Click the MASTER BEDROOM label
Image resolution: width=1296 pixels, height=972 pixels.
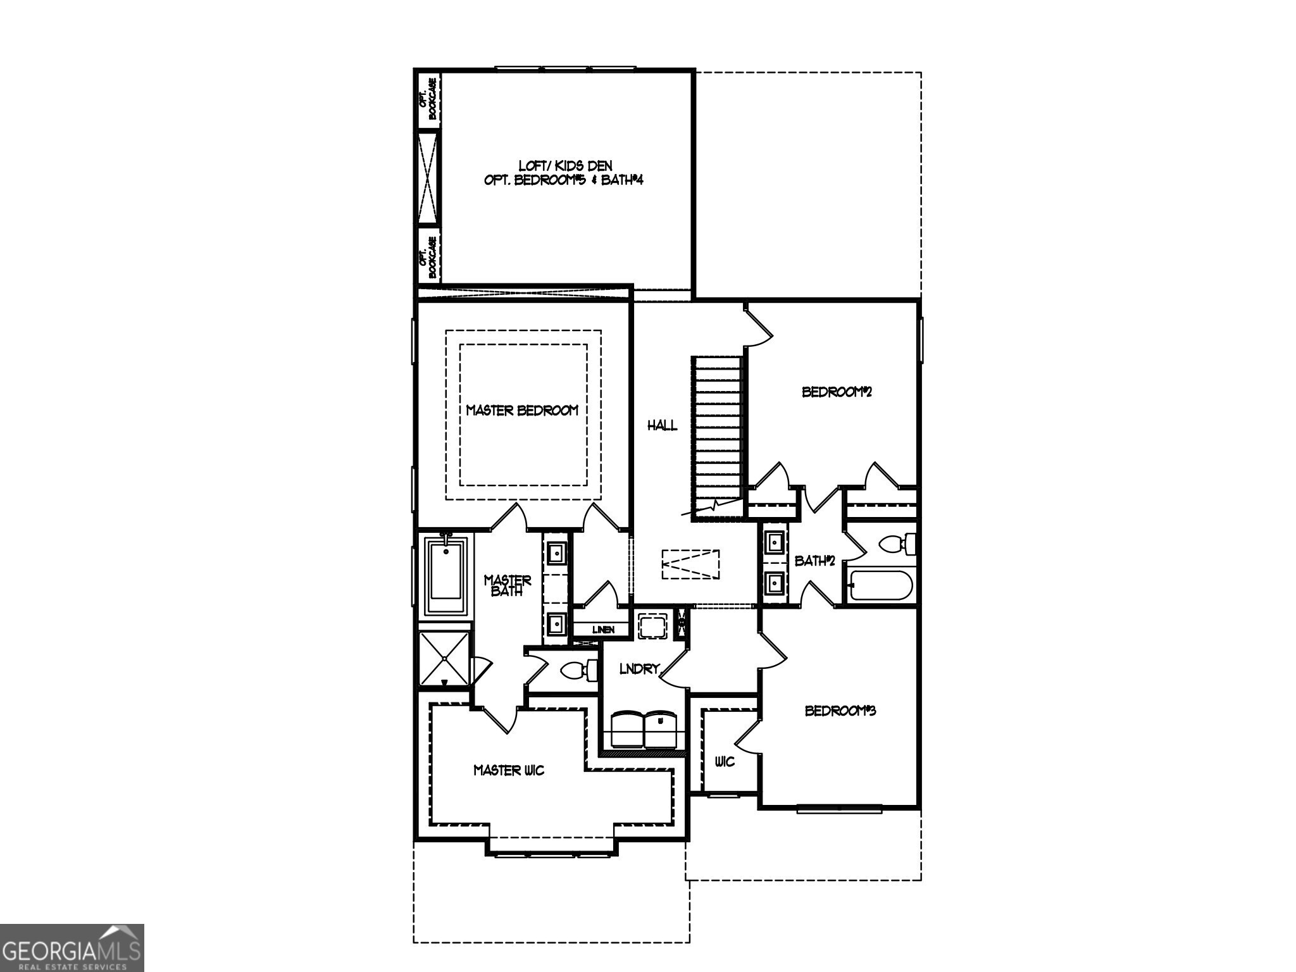(x=522, y=410)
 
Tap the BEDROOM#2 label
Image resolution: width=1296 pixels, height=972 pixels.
(x=837, y=392)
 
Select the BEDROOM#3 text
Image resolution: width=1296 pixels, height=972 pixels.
(x=840, y=711)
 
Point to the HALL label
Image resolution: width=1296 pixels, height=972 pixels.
(x=662, y=425)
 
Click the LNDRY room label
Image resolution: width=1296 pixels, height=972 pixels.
(x=639, y=669)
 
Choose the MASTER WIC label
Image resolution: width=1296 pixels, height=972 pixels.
(x=509, y=770)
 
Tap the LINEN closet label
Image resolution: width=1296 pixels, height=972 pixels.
(x=602, y=630)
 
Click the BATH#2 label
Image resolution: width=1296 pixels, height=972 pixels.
(x=815, y=561)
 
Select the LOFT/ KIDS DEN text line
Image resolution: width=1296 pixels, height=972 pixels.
(x=565, y=165)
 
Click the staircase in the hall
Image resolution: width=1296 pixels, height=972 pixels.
(x=718, y=437)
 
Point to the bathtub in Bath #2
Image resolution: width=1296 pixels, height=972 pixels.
(x=880, y=585)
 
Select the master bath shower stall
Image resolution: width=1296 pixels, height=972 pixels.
(x=445, y=658)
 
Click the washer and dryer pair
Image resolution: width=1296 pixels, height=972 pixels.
(x=644, y=729)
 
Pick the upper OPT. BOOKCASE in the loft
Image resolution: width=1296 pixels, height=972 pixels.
(x=428, y=99)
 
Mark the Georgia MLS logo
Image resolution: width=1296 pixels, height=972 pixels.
(x=72, y=947)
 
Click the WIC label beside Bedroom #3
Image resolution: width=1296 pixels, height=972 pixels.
(x=725, y=761)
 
